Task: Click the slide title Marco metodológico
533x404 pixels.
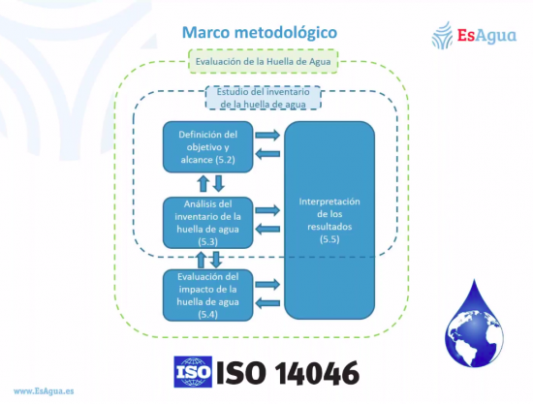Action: coord(260,33)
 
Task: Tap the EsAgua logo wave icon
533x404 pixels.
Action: coord(442,35)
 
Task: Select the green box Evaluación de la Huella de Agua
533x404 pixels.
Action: coord(263,61)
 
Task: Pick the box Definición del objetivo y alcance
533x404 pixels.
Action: coord(208,147)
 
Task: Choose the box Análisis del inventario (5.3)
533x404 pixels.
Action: coord(208,223)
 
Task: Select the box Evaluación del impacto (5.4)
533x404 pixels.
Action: coord(208,295)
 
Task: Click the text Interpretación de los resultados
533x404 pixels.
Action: coord(329,214)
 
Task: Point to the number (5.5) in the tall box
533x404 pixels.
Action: coord(329,239)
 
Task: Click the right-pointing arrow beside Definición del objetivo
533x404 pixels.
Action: coord(267,135)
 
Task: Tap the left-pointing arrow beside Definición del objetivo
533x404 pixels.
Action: coord(267,154)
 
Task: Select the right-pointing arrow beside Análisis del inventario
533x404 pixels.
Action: coord(267,210)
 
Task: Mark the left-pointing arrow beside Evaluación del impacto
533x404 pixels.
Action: coord(267,302)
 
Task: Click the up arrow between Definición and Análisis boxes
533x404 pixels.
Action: coord(204,183)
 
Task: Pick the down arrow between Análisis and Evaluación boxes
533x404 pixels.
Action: coord(216,260)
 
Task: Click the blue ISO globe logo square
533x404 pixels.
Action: coord(193,372)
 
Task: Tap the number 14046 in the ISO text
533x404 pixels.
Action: coord(317,373)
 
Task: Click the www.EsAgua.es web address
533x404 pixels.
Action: coord(44,391)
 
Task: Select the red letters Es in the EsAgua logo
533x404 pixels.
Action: coord(466,35)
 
